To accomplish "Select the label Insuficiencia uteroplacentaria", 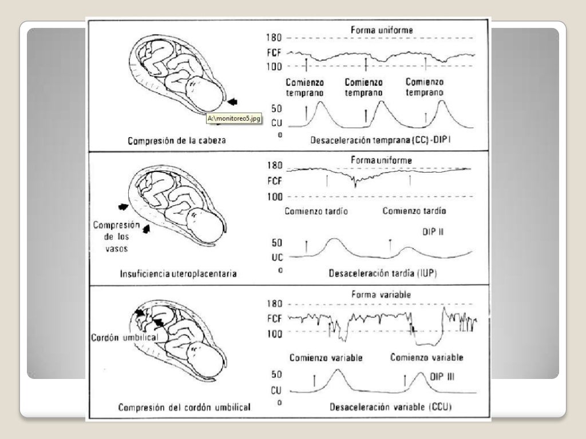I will [177, 274].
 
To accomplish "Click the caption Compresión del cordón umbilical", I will [185, 408].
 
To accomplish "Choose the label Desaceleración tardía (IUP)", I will [382, 273].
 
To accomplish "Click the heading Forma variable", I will [379, 295].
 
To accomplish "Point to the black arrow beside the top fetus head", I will [231, 102].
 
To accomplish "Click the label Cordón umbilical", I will [120, 337].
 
